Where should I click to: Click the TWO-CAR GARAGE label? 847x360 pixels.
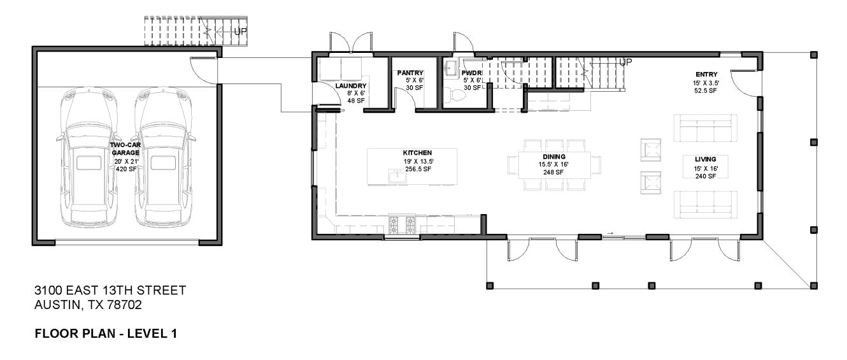pos(125,149)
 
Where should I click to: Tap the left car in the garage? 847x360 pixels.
pos(88,159)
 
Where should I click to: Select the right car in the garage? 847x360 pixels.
pos(163,159)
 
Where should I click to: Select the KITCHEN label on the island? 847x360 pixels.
pos(417,153)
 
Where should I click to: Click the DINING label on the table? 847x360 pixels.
pos(554,157)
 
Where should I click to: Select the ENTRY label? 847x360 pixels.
pos(705,75)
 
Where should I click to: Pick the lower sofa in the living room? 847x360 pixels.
pos(705,203)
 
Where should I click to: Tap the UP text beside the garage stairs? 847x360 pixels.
pos(241,29)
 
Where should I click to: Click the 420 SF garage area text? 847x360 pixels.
pos(125,169)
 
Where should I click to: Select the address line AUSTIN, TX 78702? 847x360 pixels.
pos(88,306)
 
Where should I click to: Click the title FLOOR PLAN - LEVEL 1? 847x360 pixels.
pos(105,333)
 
